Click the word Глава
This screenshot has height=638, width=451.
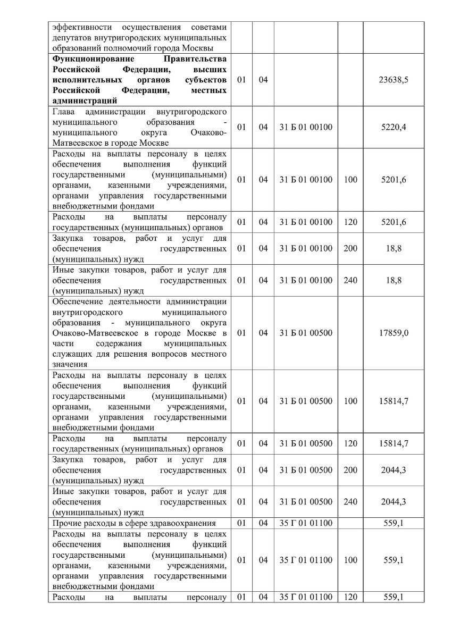tap(64, 112)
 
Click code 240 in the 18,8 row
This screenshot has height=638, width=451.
tap(350, 280)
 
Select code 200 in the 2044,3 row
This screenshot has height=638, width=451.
tap(350, 470)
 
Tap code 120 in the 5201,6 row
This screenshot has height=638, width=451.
tap(350, 222)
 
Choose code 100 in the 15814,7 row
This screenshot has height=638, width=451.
tap(350, 401)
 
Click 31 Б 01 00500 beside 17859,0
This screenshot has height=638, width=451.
tap(306, 333)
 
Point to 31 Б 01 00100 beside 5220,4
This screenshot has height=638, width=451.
tap(306, 127)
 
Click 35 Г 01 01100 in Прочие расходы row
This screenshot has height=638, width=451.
tap(306, 523)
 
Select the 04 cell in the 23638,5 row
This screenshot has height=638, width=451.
tap(263, 79)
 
